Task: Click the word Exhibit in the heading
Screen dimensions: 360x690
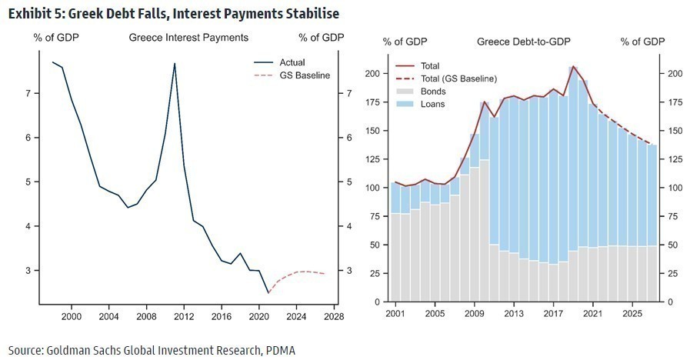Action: point(28,14)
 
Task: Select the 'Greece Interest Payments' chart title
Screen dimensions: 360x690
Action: point(188,38)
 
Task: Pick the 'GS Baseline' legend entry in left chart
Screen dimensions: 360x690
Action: point(302,75)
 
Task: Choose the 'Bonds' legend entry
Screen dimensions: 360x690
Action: point(433,92)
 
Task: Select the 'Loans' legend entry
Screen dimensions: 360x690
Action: point(433,104)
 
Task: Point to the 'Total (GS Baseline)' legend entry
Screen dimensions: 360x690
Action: point(458,78)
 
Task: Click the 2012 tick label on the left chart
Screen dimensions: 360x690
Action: point(182,315)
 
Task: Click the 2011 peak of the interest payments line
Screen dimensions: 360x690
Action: point(175,64)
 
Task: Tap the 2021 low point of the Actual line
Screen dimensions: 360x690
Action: point(268,293)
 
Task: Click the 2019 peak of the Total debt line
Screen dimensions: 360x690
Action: point(573,67)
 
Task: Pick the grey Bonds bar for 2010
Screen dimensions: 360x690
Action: point(484,231)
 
